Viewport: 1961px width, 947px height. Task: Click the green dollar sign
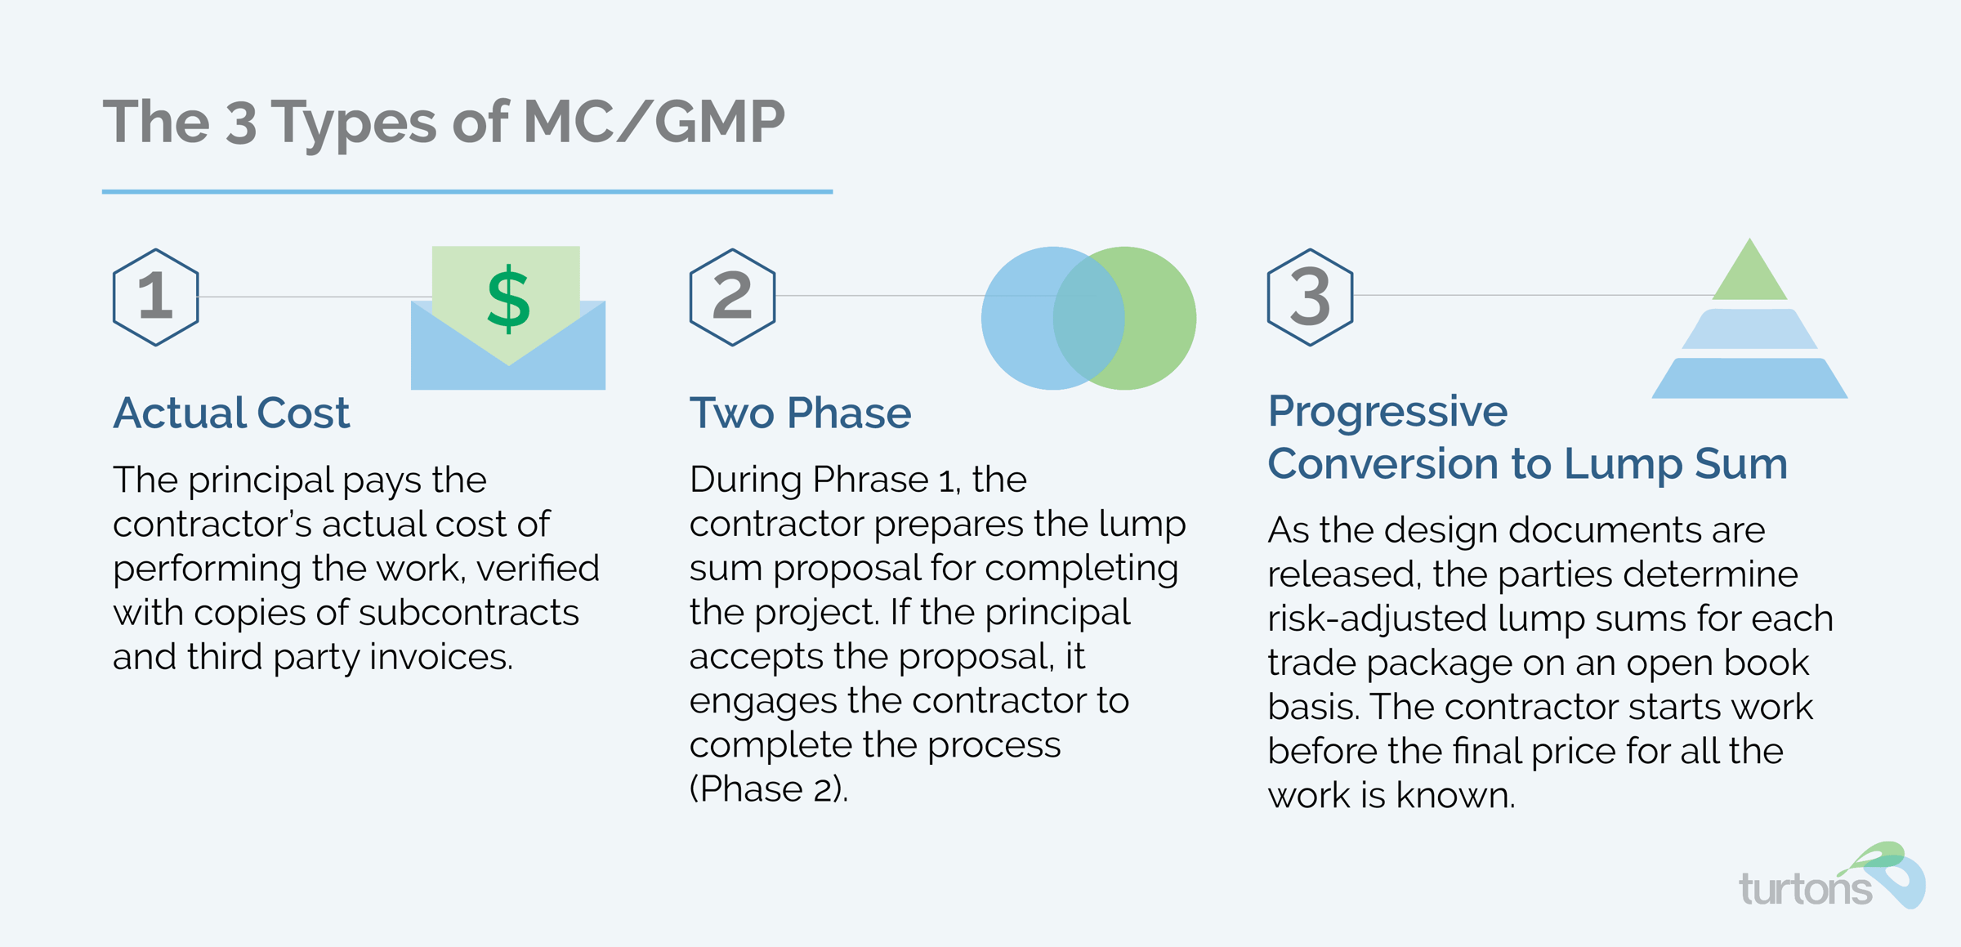pos(508,299)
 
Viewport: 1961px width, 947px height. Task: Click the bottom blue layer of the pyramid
pos(1749,378)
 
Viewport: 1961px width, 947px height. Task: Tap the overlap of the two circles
pos(1088,318)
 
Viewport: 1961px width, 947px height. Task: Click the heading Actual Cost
pos(231,413)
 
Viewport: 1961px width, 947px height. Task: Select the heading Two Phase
pos(800,413)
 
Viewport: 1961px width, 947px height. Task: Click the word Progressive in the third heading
pos(1387,411)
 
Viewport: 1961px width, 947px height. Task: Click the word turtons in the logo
pos(1805,888)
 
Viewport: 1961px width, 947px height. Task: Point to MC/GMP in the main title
pos(654,122)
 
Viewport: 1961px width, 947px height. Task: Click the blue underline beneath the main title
pos(467,192)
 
